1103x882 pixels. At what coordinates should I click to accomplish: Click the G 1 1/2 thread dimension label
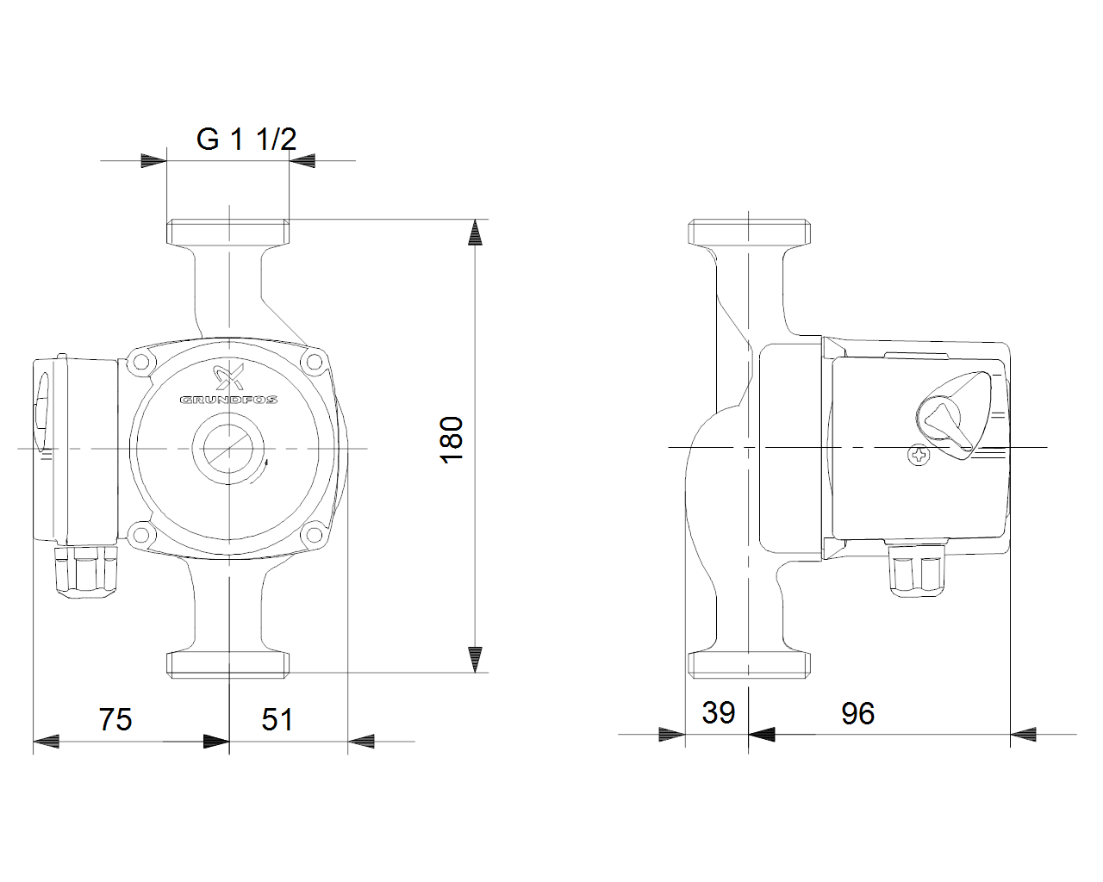pos(246,139)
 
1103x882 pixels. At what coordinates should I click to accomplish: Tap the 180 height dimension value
pos(452,440)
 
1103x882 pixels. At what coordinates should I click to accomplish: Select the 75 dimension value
pos(115,719)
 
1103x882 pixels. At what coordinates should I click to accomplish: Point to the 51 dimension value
pos(277,719)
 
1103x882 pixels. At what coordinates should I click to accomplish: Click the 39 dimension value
pos(718,712)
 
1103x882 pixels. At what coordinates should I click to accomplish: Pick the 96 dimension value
pos(857,713)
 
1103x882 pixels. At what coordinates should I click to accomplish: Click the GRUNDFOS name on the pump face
pos(228,400)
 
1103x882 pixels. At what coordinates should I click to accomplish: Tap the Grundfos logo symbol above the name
pos(229,377)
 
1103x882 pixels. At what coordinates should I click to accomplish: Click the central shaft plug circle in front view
pos(228,448)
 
